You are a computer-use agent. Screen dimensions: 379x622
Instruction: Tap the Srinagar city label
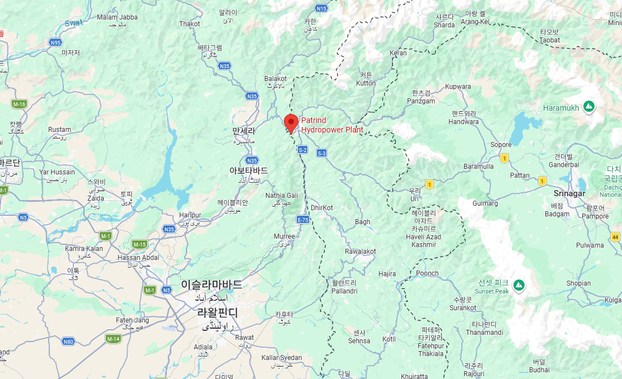[x=569, y=193]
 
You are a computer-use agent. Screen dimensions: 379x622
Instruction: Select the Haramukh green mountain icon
[x=588, y=106]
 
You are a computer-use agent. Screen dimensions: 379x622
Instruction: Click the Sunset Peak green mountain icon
[x=519, y=285]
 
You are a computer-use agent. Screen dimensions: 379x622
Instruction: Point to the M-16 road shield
[x=19, y=104]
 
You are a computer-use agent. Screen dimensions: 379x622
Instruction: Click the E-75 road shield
[x=303, y=220]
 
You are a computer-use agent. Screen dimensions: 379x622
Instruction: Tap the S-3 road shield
[x=321, y=153]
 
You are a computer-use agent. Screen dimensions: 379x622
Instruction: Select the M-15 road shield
[x=139, y=244]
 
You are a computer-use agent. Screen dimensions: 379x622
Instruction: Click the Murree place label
[x=284, y=236]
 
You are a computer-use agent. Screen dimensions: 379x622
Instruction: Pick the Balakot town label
[x=275, y=79]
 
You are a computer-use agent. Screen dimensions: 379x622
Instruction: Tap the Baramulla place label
[x=479, y=167]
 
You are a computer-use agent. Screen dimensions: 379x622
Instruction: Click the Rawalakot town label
[x=360, y=252]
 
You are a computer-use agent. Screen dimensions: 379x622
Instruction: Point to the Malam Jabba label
[x=117, y=17]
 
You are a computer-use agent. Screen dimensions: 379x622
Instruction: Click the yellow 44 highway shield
[x=615, y=238]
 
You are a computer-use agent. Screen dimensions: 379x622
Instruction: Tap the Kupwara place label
[x=458, y=87]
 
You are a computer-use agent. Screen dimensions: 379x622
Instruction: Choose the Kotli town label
[x=389, y=339]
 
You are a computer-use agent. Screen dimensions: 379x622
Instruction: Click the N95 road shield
[x=55, y=42]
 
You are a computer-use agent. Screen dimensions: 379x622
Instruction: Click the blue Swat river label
[x=73, y=23]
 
